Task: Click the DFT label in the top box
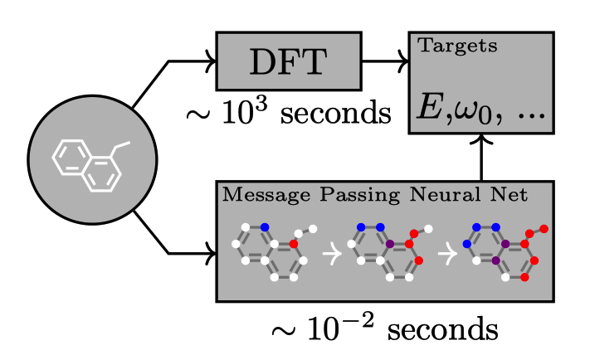point(288,62)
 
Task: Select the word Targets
point(457,46)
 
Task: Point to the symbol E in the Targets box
point(430,107)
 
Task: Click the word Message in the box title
point(266,195)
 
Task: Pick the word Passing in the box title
point(359,195)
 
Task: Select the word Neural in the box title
point(445,194)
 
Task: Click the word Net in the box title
point(509,194)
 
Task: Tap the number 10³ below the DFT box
point(245,112)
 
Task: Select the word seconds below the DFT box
point(335,114)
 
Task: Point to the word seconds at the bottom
point(443,329)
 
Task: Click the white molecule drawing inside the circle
point(91,166)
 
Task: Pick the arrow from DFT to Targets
point(385,61)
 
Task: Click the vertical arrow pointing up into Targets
point(481,158)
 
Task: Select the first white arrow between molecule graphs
point(332,254)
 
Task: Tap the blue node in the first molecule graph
point(265,227)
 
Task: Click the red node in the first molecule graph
point(294,244)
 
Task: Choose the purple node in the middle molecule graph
point(390,244)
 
